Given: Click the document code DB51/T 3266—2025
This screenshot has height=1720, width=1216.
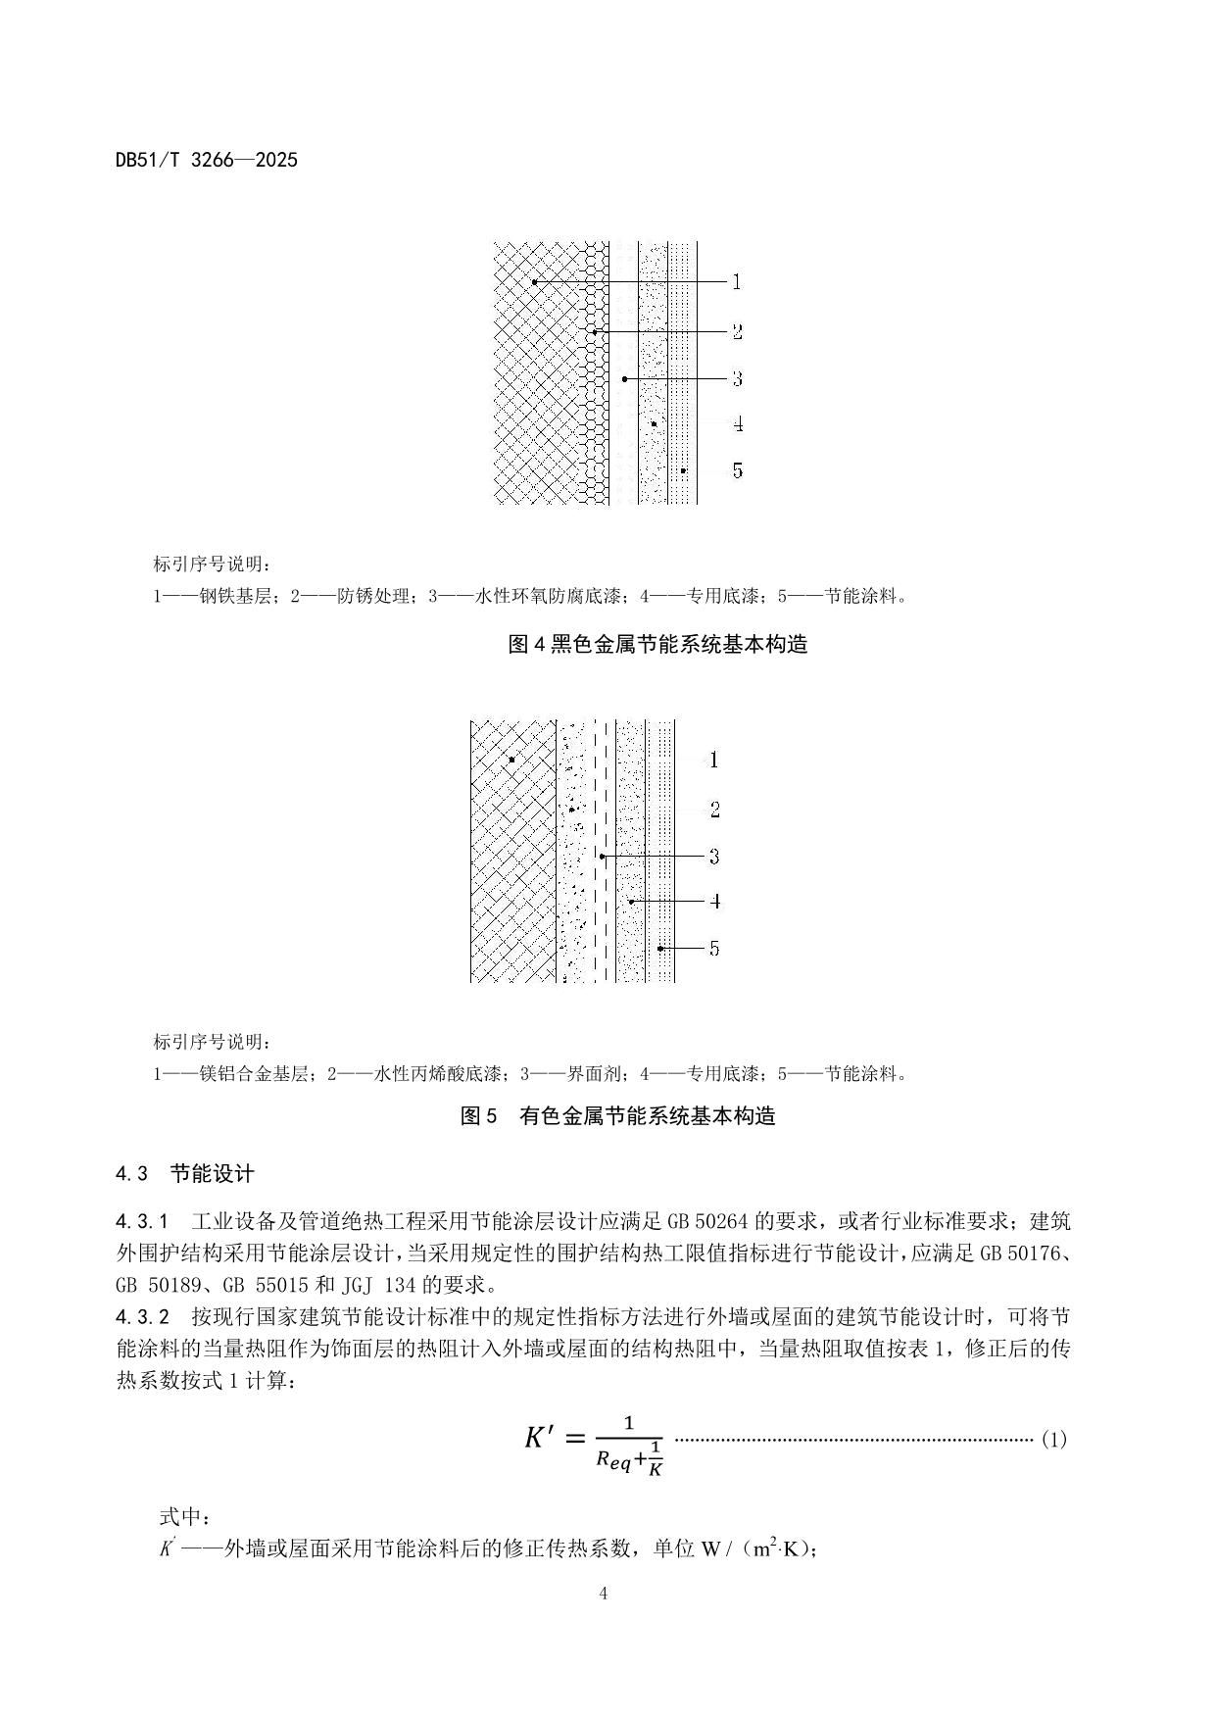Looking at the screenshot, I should coord(206,160).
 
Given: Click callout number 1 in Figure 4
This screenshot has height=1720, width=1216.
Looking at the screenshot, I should coord(737,282).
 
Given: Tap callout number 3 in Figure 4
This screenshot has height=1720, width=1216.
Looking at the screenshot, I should coord(737,378).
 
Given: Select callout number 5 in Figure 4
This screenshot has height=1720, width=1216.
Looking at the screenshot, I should coord(737,471).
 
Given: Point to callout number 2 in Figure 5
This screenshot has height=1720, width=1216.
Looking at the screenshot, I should coord(714,810).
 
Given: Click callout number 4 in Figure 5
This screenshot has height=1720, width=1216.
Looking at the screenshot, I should coord(715,902).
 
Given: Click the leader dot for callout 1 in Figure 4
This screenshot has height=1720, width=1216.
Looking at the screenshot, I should coord(535,282).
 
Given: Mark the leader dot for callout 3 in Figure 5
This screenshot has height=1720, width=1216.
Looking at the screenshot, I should coord(603,857).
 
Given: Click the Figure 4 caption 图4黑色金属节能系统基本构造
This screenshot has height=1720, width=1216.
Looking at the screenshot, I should coord(657,644).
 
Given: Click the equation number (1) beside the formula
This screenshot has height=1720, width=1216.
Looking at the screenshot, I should coord(1053,1440).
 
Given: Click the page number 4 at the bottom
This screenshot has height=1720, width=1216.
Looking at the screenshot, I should coord(604,1594).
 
